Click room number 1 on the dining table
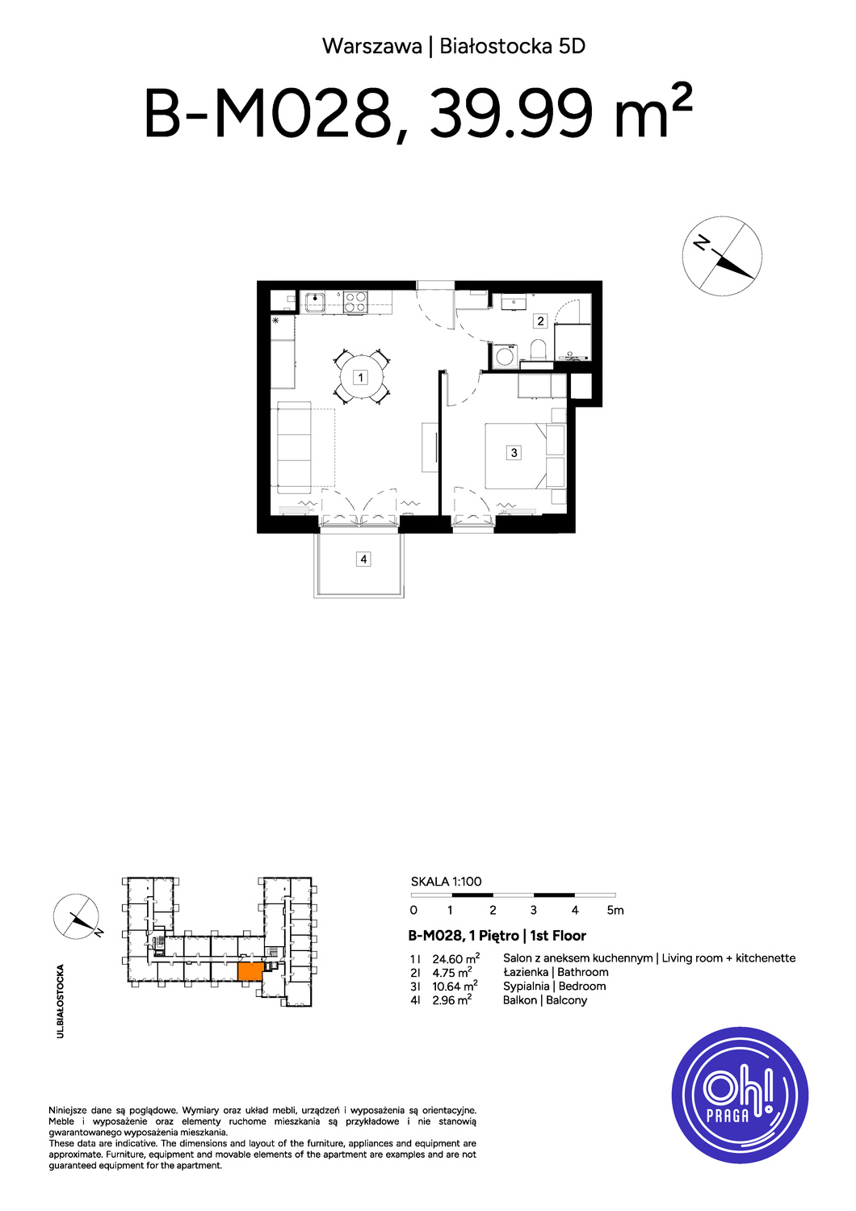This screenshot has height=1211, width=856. tap(360, 377)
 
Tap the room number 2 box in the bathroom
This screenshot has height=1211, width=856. tap(540, 321)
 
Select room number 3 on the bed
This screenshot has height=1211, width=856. tap(514, 452)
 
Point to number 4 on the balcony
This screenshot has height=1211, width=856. tap(363, 559)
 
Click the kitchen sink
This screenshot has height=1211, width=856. tap(314, 302)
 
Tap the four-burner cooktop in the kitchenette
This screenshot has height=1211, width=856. tap(355, 302)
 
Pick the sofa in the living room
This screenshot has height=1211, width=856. tap(294, 447)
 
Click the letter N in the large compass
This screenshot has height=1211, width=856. tap(701, 243)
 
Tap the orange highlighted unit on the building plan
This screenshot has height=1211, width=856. tap(250, 971)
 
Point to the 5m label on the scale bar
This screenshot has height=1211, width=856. tap(615, 911)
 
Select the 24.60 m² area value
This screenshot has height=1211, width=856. tap(455, 958)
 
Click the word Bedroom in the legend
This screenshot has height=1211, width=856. tap(582, 986)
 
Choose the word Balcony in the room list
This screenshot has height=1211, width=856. tap(567, 1000)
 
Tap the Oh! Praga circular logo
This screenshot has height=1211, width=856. tap(740, 1096)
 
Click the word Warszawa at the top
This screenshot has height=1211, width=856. tap(372, 47)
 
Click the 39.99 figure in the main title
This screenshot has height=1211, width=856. tap(510, 114)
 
